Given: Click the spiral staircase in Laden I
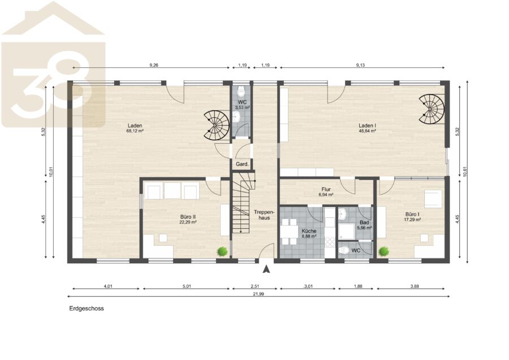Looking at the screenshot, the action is (432, 109).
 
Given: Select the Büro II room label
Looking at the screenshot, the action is (188, 219).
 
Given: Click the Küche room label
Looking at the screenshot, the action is (309, 234).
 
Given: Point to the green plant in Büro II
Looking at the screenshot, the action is (222, 251).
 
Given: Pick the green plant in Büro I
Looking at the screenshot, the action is (383, 251).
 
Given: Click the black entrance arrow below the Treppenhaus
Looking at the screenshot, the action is (266, 269).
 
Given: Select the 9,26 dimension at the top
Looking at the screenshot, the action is (154, 65).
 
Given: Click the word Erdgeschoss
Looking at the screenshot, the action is (87, 308).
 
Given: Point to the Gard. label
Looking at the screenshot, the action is (242, 164).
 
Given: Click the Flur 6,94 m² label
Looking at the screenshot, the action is (326, 192).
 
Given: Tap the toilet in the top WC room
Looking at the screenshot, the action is (241, 92).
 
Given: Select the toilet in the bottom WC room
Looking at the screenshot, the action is (343, 250).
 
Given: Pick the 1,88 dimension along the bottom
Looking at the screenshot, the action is (358, 286).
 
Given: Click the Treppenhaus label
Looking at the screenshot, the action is (264, 215).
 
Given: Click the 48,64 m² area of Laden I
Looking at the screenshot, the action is (367, 131).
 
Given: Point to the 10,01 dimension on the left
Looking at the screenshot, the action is (51, 172).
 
